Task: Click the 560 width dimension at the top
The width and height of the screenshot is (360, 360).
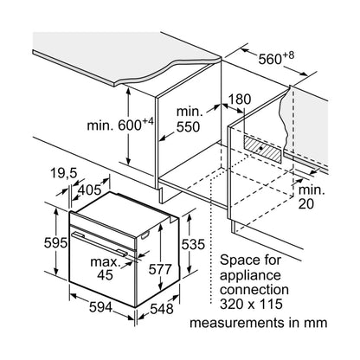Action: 276,59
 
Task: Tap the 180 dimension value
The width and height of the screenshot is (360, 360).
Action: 240,100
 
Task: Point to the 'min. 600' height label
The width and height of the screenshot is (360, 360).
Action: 119,125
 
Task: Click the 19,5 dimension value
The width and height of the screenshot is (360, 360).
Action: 63,173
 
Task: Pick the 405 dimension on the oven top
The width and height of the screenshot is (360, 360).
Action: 90,190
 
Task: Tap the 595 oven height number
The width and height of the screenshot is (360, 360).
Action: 55,243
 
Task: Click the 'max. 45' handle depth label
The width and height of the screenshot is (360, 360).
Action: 105,268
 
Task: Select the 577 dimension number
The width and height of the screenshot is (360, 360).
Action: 160,269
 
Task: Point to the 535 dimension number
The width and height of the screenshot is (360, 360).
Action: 193,245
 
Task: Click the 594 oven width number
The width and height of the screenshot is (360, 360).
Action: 100,307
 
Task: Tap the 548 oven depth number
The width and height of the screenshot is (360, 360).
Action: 162,309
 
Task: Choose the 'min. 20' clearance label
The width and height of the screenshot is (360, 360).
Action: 312,197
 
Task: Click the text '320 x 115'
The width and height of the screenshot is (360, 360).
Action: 251,304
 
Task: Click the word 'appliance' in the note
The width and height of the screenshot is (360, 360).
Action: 250,275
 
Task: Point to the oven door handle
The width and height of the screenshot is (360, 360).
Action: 100,244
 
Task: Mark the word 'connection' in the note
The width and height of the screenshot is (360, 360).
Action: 254,290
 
